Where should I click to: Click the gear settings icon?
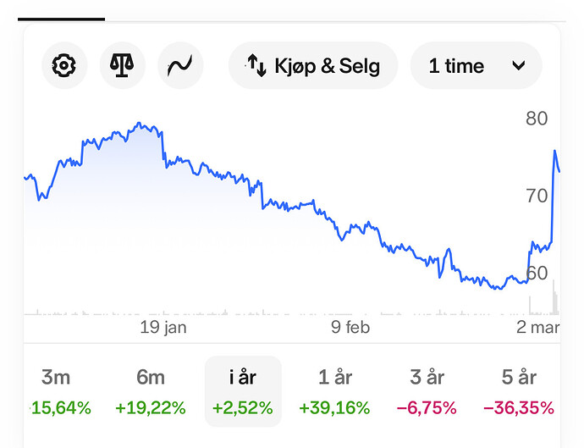63,65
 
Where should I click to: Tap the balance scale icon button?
122,65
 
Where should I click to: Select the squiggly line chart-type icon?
180,65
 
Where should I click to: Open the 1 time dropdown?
476,65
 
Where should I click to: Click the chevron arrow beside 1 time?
519,65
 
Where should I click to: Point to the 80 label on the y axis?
537,119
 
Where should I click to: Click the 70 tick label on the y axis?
537,196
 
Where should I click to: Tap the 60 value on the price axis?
537,273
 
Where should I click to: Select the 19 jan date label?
163,328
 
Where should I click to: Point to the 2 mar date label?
537,328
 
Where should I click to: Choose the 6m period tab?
151,378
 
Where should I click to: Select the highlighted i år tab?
243,378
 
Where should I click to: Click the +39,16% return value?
334,408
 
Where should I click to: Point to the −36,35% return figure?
518,408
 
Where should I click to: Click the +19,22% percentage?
151,408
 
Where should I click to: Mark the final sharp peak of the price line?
555,152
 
